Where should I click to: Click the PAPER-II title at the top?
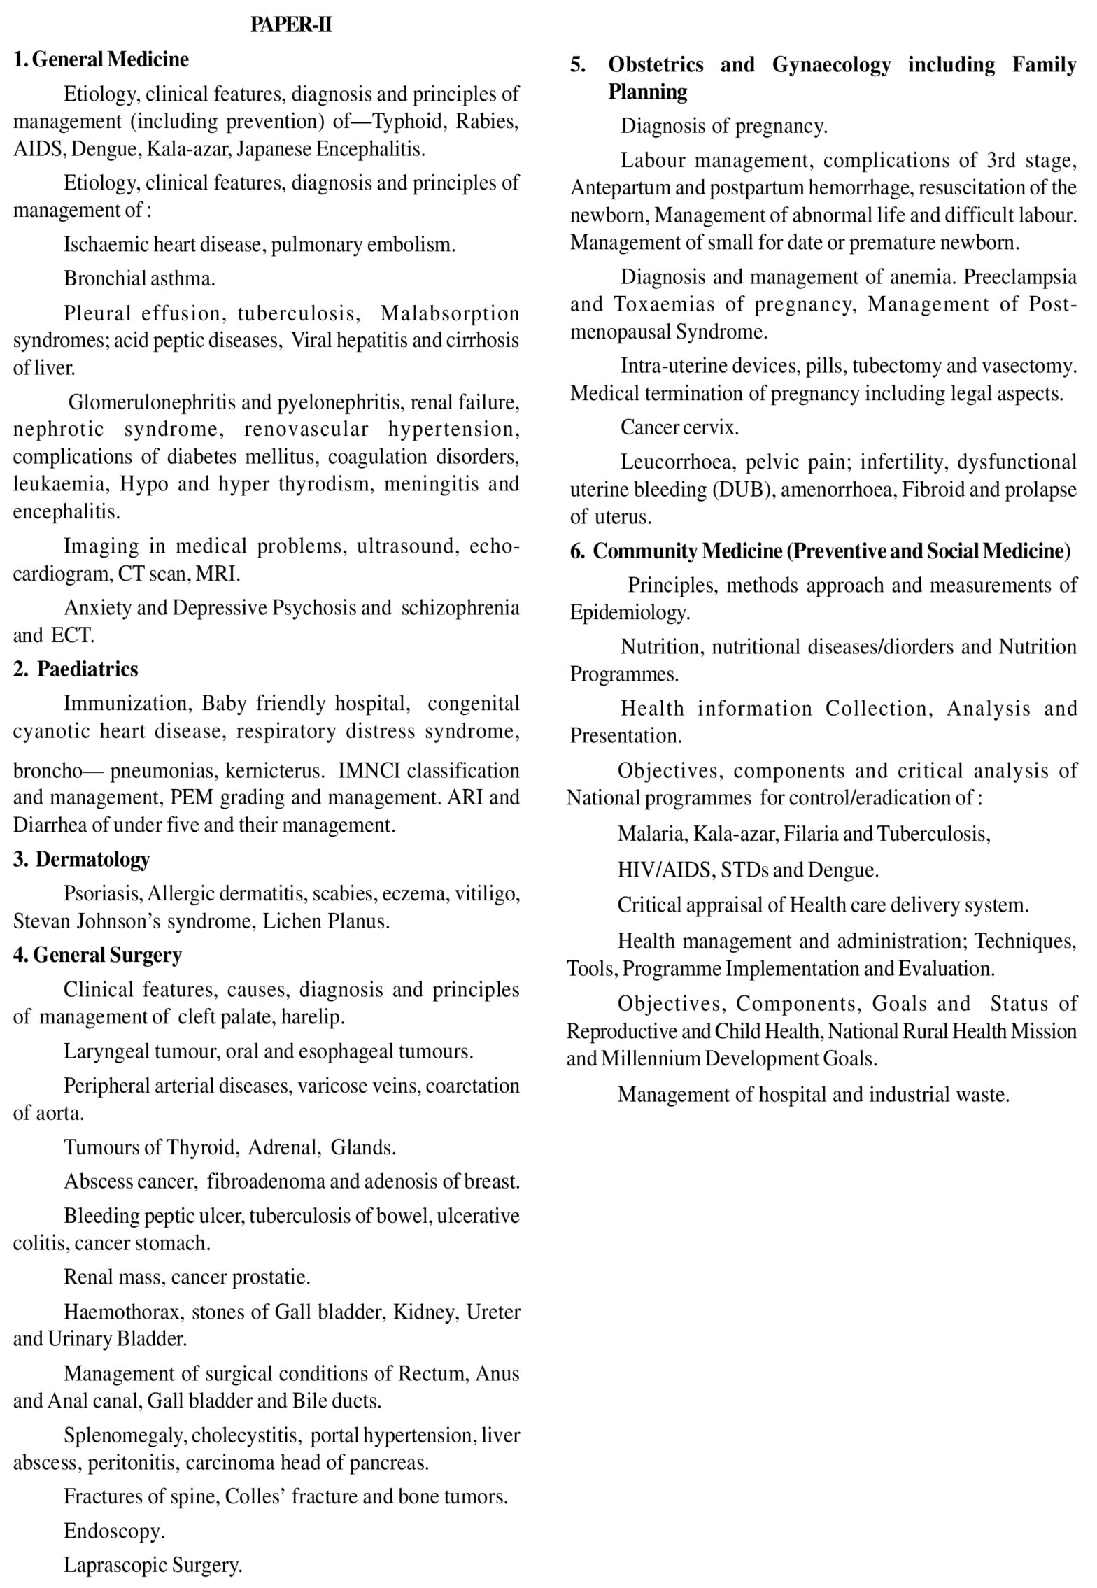point(292,26)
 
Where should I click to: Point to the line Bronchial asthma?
point(139,278)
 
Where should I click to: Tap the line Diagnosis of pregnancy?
point(724,126)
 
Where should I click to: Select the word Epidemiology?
point(629,613)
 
